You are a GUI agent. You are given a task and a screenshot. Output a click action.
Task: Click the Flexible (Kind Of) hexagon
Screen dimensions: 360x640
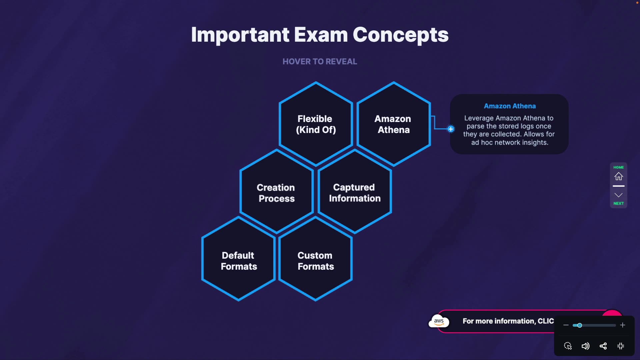(316, 124)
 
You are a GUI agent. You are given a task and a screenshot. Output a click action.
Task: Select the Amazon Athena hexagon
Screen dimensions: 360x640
(393, 124)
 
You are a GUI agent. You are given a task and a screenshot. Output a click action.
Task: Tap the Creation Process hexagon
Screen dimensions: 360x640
(276, 193)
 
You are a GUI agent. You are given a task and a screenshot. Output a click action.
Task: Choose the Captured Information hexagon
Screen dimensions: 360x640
(355, 193)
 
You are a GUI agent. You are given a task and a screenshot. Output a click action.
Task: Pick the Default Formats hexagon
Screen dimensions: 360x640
(239, 261)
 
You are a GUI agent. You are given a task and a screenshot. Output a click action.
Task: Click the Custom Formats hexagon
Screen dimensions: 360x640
(315, 261)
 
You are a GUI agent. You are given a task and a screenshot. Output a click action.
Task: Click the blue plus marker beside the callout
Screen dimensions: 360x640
(451, 129)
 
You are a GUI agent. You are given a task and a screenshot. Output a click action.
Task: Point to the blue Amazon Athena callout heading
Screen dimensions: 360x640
(510, 106)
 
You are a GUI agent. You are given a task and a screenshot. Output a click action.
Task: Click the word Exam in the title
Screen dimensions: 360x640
(321, 35)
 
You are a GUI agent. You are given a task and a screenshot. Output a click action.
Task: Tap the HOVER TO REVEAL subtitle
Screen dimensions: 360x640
(320, 62)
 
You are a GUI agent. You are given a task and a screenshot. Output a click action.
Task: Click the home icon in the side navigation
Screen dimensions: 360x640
(619, 176)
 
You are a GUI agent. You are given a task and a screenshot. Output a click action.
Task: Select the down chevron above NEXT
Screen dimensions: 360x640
(619, 195)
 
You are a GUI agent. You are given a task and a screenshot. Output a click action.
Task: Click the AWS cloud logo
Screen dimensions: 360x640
(439, 321)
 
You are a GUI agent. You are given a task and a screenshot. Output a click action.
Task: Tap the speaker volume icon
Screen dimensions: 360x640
(585, 346)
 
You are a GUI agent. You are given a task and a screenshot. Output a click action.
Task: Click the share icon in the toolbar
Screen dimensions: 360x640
(603, 346)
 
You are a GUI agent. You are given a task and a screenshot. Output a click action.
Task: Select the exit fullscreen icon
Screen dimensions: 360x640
(621, 346)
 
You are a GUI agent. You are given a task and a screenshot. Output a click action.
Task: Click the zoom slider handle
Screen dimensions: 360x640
(580, 325)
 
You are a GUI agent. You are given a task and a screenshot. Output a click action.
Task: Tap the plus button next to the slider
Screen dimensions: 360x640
(623, 325)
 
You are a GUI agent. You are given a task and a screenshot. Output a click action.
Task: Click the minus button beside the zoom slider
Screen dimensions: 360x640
(566, 325)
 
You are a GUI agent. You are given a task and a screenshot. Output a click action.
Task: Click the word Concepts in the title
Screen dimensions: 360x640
(401, 35)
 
